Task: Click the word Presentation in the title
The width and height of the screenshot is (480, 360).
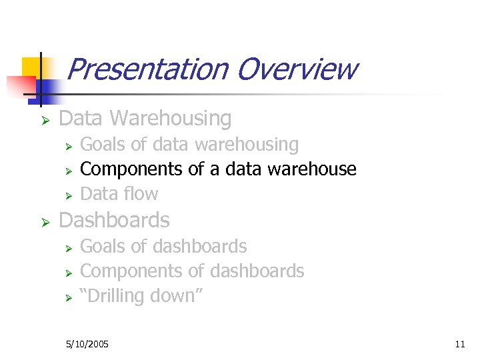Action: tap(147, 69)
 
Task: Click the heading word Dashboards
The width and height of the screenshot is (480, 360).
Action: tap(115, 220)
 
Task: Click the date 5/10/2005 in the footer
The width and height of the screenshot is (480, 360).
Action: tap(87, 344)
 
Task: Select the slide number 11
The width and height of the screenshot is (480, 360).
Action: tap(459, 344)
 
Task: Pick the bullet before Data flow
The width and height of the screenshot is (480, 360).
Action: tap(67, 195)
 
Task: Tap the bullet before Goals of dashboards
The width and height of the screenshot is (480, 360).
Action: tap(67, 248)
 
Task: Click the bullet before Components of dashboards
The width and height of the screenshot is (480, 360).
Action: tap(67, 273)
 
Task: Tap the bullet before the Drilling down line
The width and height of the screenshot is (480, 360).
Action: tap(67, 297)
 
